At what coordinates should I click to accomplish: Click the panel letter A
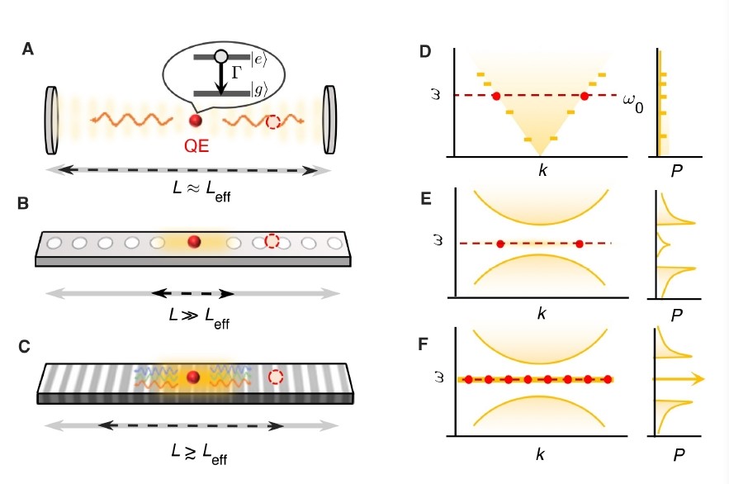(28, 50)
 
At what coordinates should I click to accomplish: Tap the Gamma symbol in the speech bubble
(236, 73)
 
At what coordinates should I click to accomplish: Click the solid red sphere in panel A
(196, 121)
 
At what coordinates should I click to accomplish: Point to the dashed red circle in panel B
(272, 242)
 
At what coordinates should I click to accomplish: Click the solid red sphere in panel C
(193, 377)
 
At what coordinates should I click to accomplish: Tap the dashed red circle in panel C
(274, 377)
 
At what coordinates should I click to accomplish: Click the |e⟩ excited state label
(260, 57)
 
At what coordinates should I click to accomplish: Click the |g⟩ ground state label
(260, 91)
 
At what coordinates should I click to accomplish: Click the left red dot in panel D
(496, 96)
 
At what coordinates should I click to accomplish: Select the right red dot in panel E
(579, 244)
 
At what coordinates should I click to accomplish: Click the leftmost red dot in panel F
(468, 380)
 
